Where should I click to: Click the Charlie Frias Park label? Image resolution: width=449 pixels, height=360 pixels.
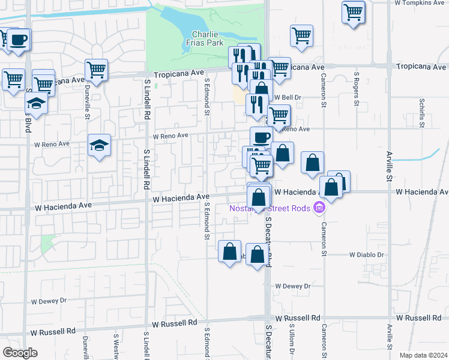[208, 38]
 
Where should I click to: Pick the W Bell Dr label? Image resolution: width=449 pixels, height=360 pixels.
[287, 97]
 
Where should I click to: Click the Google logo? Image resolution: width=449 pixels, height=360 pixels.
[20, 353]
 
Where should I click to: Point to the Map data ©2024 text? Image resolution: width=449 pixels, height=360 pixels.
[423, 355]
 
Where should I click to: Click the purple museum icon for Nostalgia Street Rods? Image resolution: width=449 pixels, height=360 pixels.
[319, 208]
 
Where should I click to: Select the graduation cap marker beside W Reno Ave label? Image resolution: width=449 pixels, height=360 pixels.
[100, 145]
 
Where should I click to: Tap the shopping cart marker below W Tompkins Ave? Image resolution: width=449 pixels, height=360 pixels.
[354, 12]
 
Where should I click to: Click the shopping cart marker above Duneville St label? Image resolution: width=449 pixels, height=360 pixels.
[96, 70]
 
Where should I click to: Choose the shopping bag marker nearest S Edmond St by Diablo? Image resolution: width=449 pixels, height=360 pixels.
[230, 251]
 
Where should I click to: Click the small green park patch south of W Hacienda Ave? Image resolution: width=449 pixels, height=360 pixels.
[46, 244]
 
